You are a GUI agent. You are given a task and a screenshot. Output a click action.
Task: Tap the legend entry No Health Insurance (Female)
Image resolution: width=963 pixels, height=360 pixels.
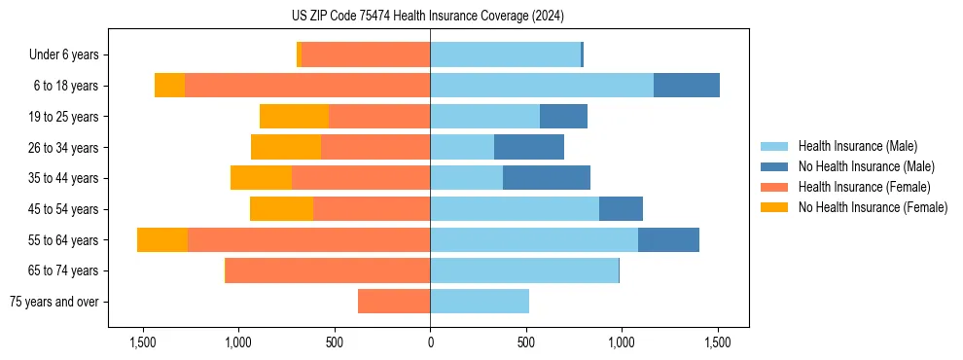coord(872,207)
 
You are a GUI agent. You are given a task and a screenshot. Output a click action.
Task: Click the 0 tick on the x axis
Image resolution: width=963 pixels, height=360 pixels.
coord(430,343)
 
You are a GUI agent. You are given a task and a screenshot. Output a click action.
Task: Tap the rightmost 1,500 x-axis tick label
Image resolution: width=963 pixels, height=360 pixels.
coord(717,343)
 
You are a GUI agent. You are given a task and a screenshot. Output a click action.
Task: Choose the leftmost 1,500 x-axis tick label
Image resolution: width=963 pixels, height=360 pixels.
coord(143,343)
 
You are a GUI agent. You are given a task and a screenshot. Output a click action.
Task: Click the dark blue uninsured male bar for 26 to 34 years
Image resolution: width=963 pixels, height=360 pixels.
coord(529,147)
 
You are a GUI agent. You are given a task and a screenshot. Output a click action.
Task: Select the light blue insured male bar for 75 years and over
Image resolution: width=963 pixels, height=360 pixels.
coord(480,302)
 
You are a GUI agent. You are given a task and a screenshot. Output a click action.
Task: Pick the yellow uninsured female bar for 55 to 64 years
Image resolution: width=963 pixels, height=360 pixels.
coord(162,239)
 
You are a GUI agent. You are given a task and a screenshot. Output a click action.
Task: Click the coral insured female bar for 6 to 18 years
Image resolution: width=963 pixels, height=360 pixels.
coord(307,86)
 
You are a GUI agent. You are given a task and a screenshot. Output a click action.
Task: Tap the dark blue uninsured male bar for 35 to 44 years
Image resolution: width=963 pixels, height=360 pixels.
coord(547,178)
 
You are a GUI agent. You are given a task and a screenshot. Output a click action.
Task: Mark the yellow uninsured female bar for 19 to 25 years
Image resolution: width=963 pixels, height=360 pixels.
coord(294,117)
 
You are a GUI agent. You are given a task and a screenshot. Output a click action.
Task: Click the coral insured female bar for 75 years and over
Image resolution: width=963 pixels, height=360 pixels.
coord(394,302)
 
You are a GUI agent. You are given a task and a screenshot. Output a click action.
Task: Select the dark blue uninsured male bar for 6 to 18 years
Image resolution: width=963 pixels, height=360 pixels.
coord(687,86)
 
